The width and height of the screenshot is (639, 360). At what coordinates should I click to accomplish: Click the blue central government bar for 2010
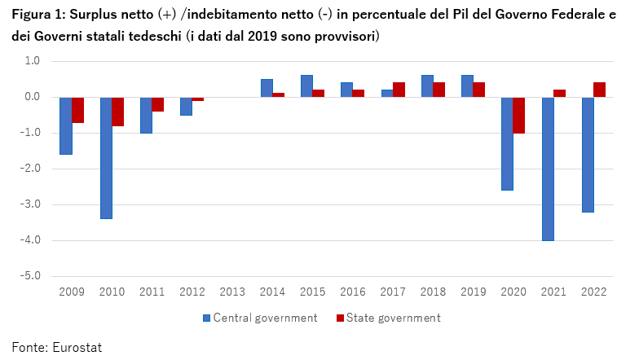coord(106,158)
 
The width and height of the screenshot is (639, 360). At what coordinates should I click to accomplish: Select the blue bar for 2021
coord(548,169)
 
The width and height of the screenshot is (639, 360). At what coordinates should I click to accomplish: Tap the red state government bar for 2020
coord(518,115)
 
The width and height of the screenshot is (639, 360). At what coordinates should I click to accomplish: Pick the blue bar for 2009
coord(66,125)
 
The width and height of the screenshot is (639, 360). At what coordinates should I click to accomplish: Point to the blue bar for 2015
coord(306,86)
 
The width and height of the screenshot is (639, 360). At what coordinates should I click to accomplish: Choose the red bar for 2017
coord(399,90)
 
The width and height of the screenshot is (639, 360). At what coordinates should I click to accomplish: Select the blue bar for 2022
coord(588,154)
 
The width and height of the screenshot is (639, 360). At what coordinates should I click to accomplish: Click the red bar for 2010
coord(117,112)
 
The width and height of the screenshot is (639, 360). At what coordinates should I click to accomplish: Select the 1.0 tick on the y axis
coord(32,61)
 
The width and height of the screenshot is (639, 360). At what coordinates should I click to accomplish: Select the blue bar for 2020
coord(507,143)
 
